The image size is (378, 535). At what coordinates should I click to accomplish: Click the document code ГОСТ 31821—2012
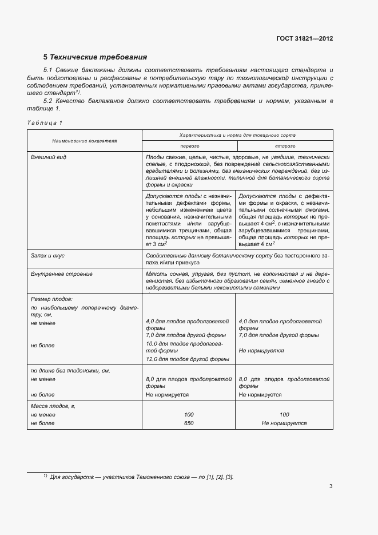pyautogui.click(x=305, y=38)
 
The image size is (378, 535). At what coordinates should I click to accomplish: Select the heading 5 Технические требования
pyautogui.click(x=96, y=57)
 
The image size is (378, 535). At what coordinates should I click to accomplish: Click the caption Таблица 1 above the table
pyautogui.click(x=45, y=123)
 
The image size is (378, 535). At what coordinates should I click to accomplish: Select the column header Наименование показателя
pyautogui.click(x=84, y=140)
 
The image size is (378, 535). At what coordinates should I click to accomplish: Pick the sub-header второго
pyautogui.click(x=284, y=146)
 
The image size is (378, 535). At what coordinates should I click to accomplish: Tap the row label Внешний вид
pyautogui.click(x=49, y=157)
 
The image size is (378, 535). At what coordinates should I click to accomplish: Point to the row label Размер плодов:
pyautogui.click(x=51, y=299)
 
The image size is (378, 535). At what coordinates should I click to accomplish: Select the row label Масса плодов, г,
pyautogui.click(x=53, y=406)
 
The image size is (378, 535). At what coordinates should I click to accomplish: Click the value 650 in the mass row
pyautogui.click(x=189, y=423)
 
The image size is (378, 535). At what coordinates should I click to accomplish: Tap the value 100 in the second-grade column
pyautogui.click(x=284, y=414)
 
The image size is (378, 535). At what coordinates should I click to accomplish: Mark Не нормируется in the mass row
pyautogui.click(x=284, y=423)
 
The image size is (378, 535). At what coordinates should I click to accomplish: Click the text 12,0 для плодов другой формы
pyautogui.click(x=188, y=359)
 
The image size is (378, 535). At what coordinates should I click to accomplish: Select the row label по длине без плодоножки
pyautogui.click(x=70, y=371)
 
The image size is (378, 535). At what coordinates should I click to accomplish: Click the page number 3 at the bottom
pyautogui.click(x=331, y=487)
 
